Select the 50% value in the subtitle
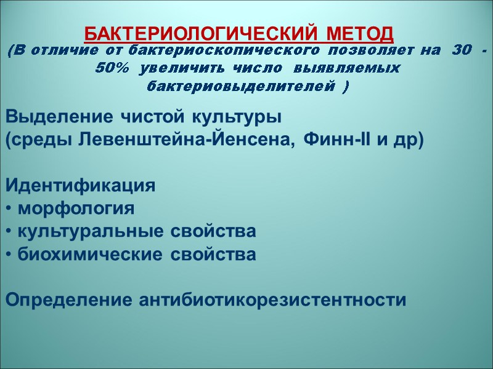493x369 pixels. click(x=112, y=68)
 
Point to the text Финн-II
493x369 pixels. click(x=336, y=140)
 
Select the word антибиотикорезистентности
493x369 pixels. click(x=273, y=301)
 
